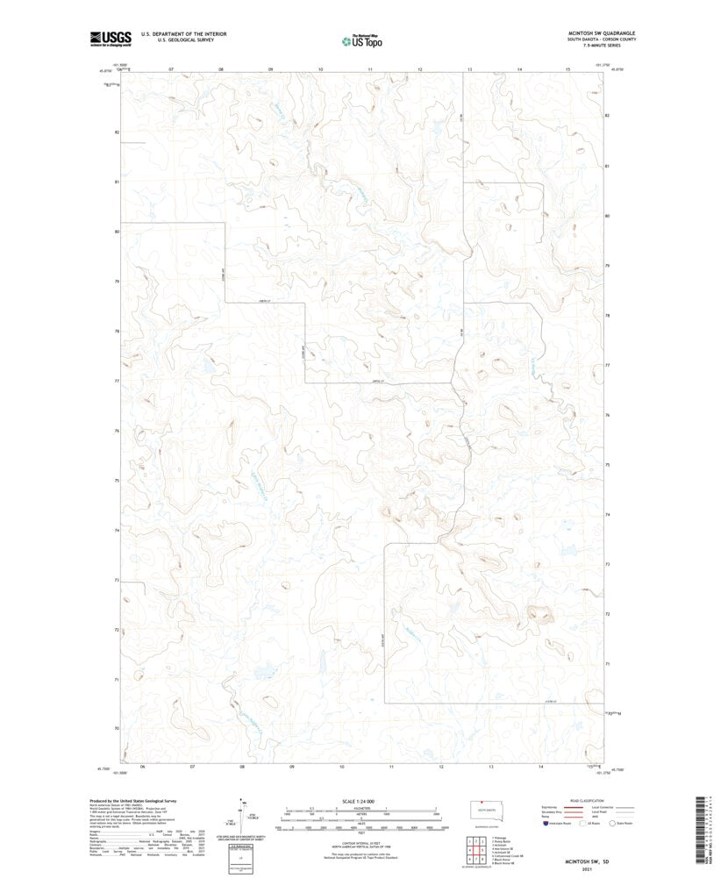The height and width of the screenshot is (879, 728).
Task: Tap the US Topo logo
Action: pyautogui.click(x=361, y=40)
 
